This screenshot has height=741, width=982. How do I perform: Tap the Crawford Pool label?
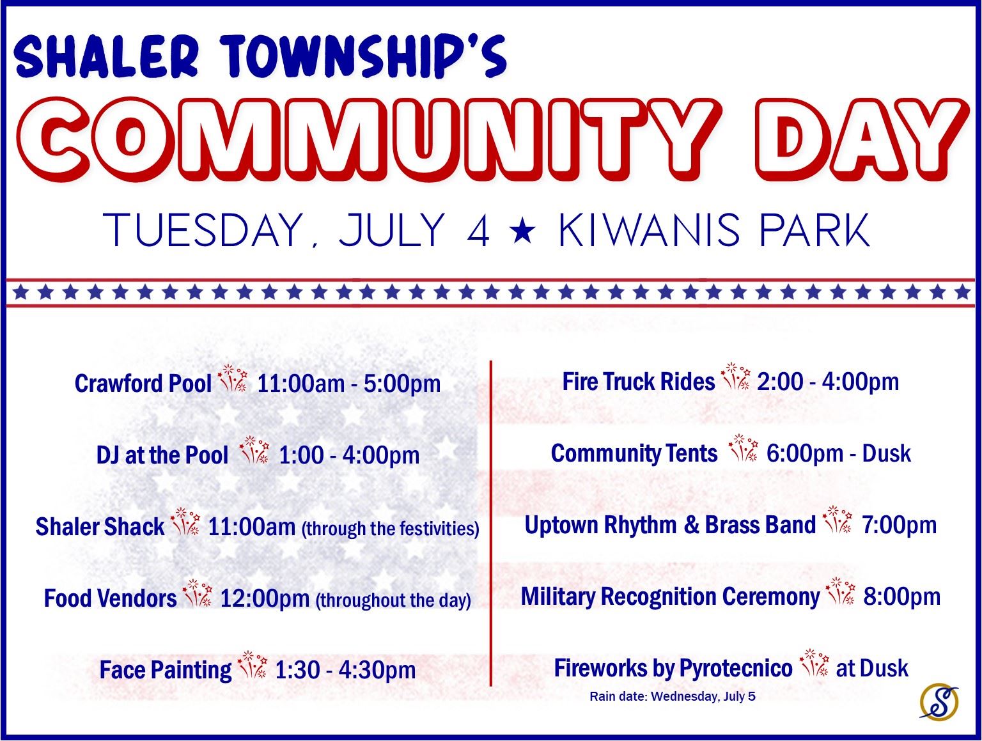coord(143,384)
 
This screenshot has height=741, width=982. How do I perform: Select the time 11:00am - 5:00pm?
coord(348,384)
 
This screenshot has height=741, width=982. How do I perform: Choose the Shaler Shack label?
coord(100,527)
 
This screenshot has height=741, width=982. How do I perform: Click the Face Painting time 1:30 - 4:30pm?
coord(345,670)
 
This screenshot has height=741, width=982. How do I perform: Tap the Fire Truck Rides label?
coord(638,382)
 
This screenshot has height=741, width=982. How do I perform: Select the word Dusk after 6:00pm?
coord(886,453)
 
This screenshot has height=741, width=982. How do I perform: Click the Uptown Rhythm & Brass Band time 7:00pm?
coord(899,525)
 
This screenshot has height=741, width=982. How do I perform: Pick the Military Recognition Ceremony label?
coord(669,597)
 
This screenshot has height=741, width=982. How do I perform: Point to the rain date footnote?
coord(672,696)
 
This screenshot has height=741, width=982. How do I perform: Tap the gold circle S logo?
coord(939,700)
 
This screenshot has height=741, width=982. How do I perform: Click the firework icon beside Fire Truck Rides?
coord(735,378)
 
